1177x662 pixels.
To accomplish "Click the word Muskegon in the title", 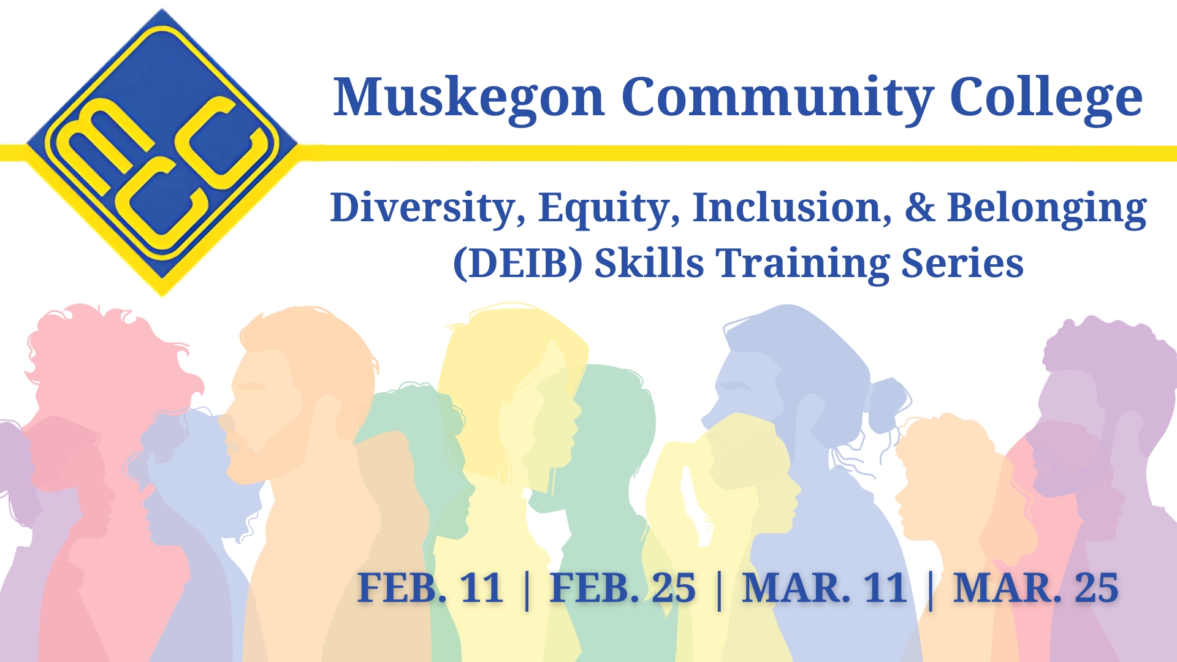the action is click(x=469, y=98).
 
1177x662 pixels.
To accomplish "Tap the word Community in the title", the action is click(x=777, y=98).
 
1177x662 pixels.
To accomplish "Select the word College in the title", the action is click(x=1046, y=98).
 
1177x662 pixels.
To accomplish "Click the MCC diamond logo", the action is click(x=162, y=153).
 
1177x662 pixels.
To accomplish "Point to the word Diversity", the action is click(x=428, y=208).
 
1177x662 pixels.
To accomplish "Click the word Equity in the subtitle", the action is click(x=609, y=208).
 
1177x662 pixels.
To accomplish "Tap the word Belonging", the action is click(x=1046, y=208).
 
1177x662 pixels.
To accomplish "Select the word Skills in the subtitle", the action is click(x=649, y=262).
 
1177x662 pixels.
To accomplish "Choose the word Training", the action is click(x=803, y=264).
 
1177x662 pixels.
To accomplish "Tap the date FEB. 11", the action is click(x=430, y=588).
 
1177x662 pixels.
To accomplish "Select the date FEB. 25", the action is click(x=623, y=588).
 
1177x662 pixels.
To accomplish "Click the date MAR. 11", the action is click(x=825, y=588).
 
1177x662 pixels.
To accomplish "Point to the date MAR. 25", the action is click(x=1036, y=588).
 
